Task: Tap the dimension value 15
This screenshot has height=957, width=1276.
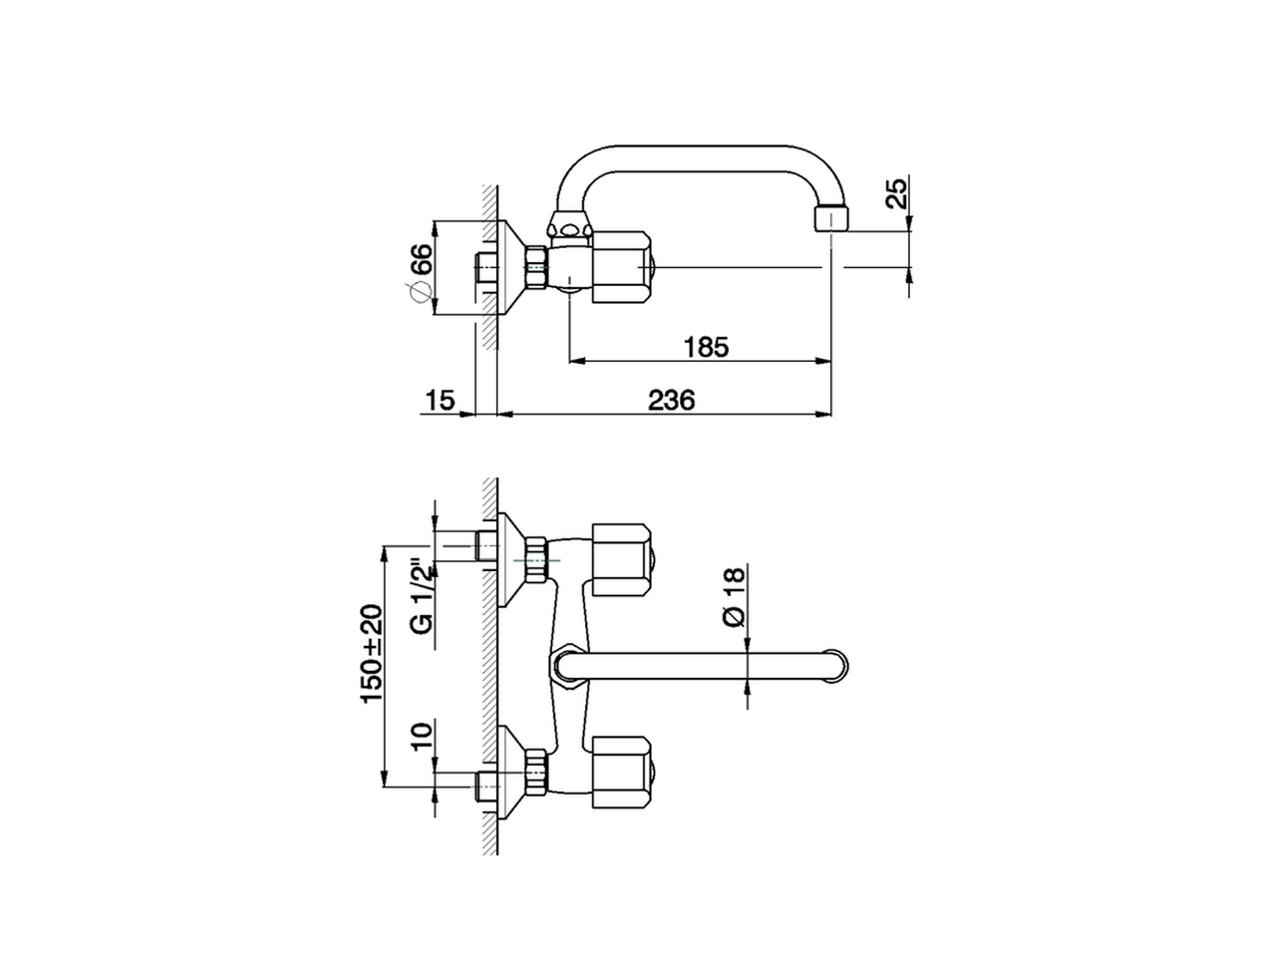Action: pyautogui.click(x=440, y=401)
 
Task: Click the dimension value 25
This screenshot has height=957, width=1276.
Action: pyautogui.click(x=896, y=193)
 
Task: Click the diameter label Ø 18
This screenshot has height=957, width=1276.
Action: pyautogui.click(x=733, y=597)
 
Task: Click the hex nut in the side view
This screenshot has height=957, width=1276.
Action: pyautogui.click(x=537, y=267)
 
